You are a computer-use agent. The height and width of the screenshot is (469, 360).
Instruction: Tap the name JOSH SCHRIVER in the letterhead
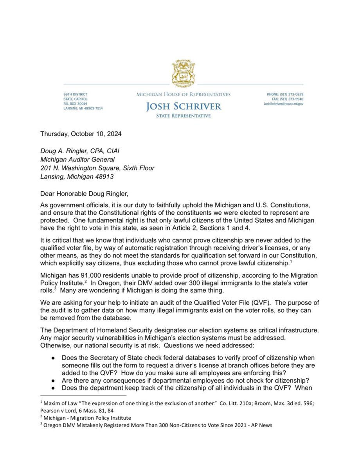(184, 106)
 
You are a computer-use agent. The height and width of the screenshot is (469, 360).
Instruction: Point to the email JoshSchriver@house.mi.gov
(283, 104)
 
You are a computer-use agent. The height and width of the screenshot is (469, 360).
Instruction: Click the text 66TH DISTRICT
(76, 94)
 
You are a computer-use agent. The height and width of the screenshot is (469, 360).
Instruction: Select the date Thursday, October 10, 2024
(81, 133)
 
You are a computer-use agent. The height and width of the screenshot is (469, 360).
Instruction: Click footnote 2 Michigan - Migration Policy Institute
(88, 418)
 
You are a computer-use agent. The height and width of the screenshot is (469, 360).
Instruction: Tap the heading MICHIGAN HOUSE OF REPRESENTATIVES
(184, 94)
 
